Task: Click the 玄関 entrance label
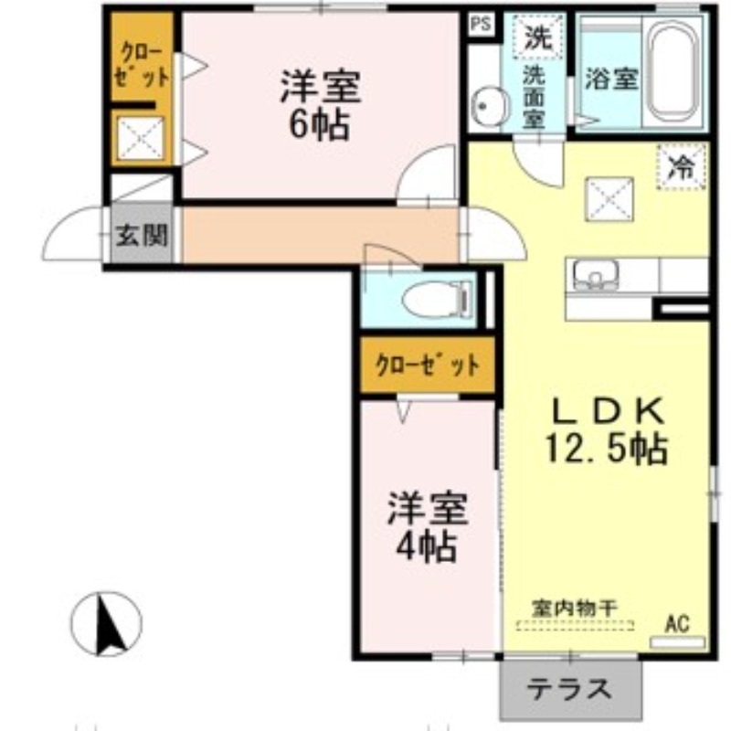pos(143,237)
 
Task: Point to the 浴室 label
pos(610,79)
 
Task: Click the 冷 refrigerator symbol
pos(681,166)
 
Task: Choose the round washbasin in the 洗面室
pos(492,106)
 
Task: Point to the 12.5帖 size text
pos(607,449)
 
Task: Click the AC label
pos(676,624)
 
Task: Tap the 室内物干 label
pos(575,607)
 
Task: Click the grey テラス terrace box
pos(572,688)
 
